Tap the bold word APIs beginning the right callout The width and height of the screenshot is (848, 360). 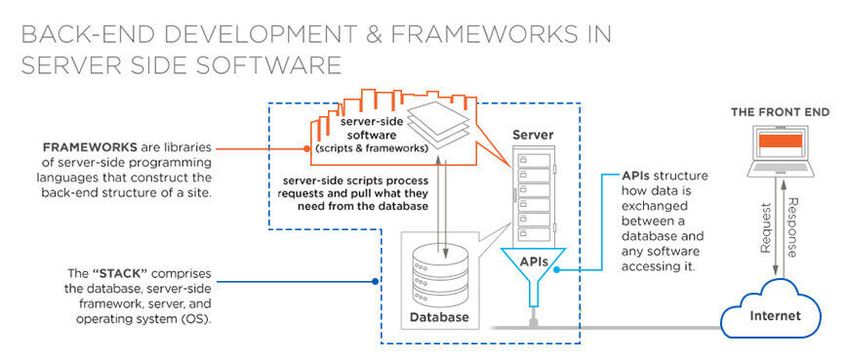coord(636,176)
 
